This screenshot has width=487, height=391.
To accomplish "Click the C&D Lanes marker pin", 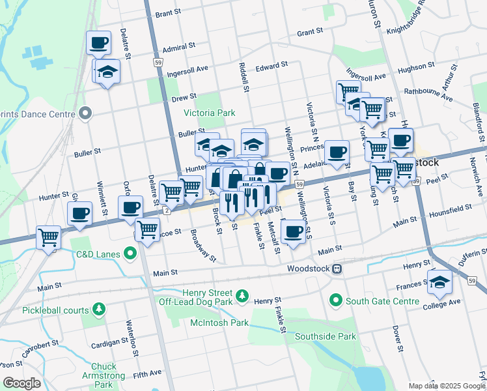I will tap(131, 252).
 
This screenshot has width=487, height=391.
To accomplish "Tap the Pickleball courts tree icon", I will tap(99, 308).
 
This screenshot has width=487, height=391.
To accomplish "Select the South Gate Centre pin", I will tap(336, 300).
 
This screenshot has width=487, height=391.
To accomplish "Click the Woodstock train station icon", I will tap(337, 268).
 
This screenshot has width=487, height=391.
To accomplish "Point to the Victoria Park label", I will tap(209, 113).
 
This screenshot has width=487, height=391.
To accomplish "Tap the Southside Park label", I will tap(325, 337).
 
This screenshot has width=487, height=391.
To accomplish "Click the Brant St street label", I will tap(167, 13).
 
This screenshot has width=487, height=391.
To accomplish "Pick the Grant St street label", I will tap(310, 32).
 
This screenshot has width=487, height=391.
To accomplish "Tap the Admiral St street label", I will tap(179, 47).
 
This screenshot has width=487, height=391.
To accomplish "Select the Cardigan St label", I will tap(110, 341).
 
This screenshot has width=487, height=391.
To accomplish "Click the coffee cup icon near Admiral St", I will tap(98, 42).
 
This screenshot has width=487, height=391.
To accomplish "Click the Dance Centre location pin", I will tap(85, 114).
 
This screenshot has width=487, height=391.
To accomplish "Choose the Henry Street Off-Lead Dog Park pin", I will tap(242, 297).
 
